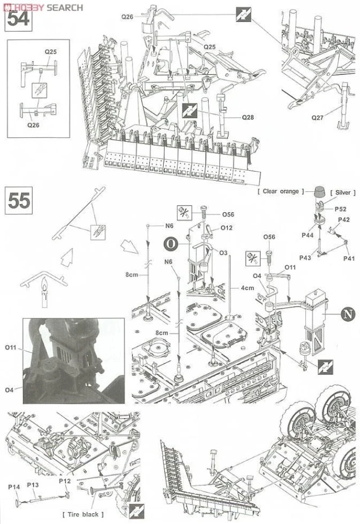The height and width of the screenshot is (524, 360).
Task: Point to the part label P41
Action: point(349,258)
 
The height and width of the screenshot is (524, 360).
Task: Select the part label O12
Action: point(227,228)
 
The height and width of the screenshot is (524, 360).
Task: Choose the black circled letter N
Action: point(348,315)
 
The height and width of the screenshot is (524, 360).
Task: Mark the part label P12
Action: point(64,481)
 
